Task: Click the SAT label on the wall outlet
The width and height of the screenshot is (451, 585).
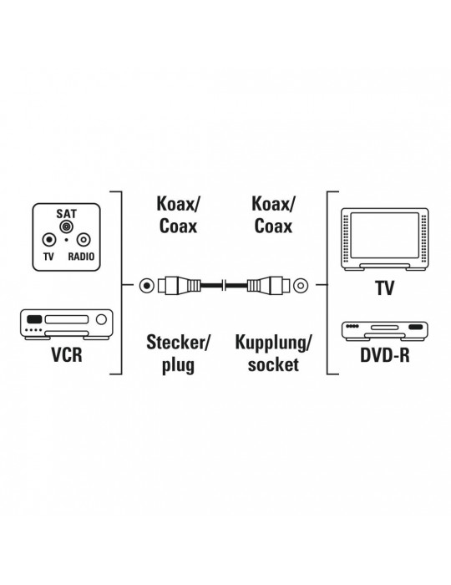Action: click(66, 214)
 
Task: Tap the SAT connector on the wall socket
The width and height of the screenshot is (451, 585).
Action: click(66, 226)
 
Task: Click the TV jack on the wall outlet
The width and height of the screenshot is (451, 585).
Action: click(49, 240)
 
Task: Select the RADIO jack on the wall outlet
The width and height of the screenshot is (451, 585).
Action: click(84, 240)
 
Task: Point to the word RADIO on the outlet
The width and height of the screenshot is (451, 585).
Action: click(81, 257)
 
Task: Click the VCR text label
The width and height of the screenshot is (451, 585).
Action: click(67, 354)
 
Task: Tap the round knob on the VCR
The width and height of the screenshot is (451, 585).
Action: click(101, 319)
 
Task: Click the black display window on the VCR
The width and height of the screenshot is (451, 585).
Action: click(34, 319)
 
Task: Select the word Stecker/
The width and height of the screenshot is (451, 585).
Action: click(179, 342)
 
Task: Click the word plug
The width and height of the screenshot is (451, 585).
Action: click(178, 365)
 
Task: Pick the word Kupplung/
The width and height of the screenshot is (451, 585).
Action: click(273, 343)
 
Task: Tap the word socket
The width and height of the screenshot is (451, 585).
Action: click(273, 364)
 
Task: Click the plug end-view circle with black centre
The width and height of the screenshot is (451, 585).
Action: click(147, 286)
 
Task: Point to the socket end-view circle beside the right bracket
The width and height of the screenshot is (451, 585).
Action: click(301, 286)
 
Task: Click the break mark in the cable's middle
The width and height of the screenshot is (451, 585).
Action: click(224, 286)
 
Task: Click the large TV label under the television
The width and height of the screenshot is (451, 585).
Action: click(385, 287)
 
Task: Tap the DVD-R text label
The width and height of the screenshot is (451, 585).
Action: click(385, 354)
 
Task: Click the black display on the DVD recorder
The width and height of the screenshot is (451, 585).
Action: click(416, 327)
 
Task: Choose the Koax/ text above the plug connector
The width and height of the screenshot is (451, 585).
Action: click(178, 204)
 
